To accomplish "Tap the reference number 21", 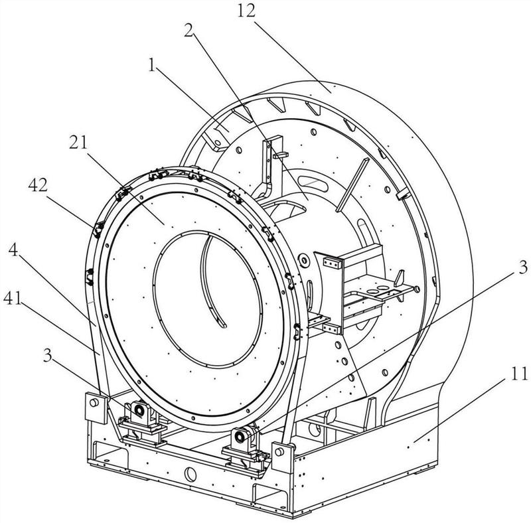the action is coord(78,143).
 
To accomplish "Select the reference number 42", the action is coord(38,185).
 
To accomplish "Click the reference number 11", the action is coord(519,374).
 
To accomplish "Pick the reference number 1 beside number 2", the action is coord(151,65).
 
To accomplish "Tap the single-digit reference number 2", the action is coord(189,31).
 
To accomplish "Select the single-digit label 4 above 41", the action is coord(13,250).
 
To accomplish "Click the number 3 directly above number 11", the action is coord(523,267).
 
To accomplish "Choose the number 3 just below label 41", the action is coord(48,356).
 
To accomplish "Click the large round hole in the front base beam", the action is coord(190,475).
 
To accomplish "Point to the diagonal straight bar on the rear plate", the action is coord(352,185).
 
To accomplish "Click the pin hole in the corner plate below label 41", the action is coord(94,403).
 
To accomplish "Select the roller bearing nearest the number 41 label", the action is coord(139,410).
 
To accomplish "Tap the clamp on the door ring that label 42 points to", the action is coord(98,228).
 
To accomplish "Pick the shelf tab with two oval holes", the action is coord(382,290).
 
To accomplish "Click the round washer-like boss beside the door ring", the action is coord(304,260).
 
